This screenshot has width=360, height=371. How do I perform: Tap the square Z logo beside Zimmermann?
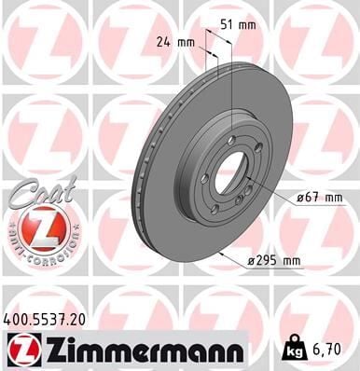(19, 350)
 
